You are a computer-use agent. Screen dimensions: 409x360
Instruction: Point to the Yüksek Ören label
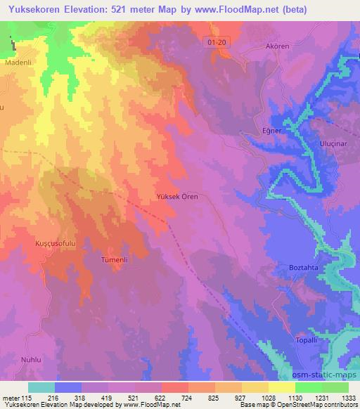(x=176, y=197)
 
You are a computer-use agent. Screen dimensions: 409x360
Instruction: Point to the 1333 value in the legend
(x=348, y=396)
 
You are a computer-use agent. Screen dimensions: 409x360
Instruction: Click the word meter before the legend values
(x=12, y=396)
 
